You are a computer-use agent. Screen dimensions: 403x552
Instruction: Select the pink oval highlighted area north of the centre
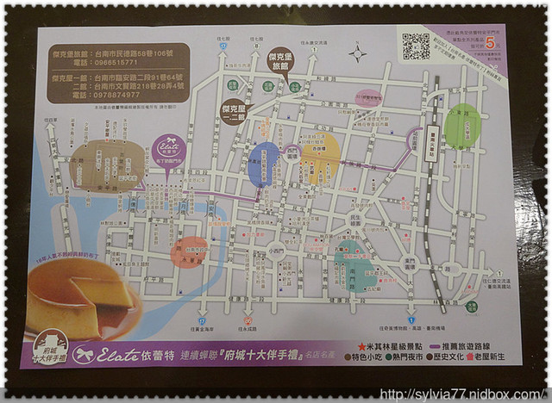point(368,100)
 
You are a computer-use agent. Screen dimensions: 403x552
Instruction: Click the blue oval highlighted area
point(263,163)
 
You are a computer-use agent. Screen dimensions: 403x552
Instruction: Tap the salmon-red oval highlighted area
point(189,251)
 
